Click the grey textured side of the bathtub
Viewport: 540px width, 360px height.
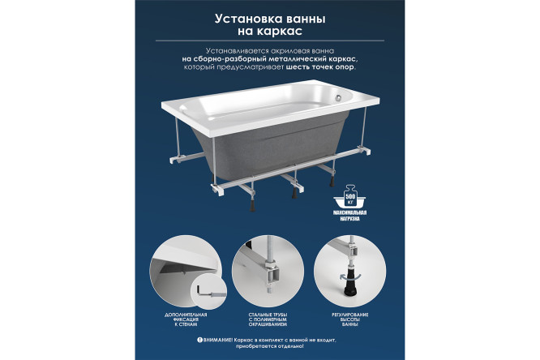268,146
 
